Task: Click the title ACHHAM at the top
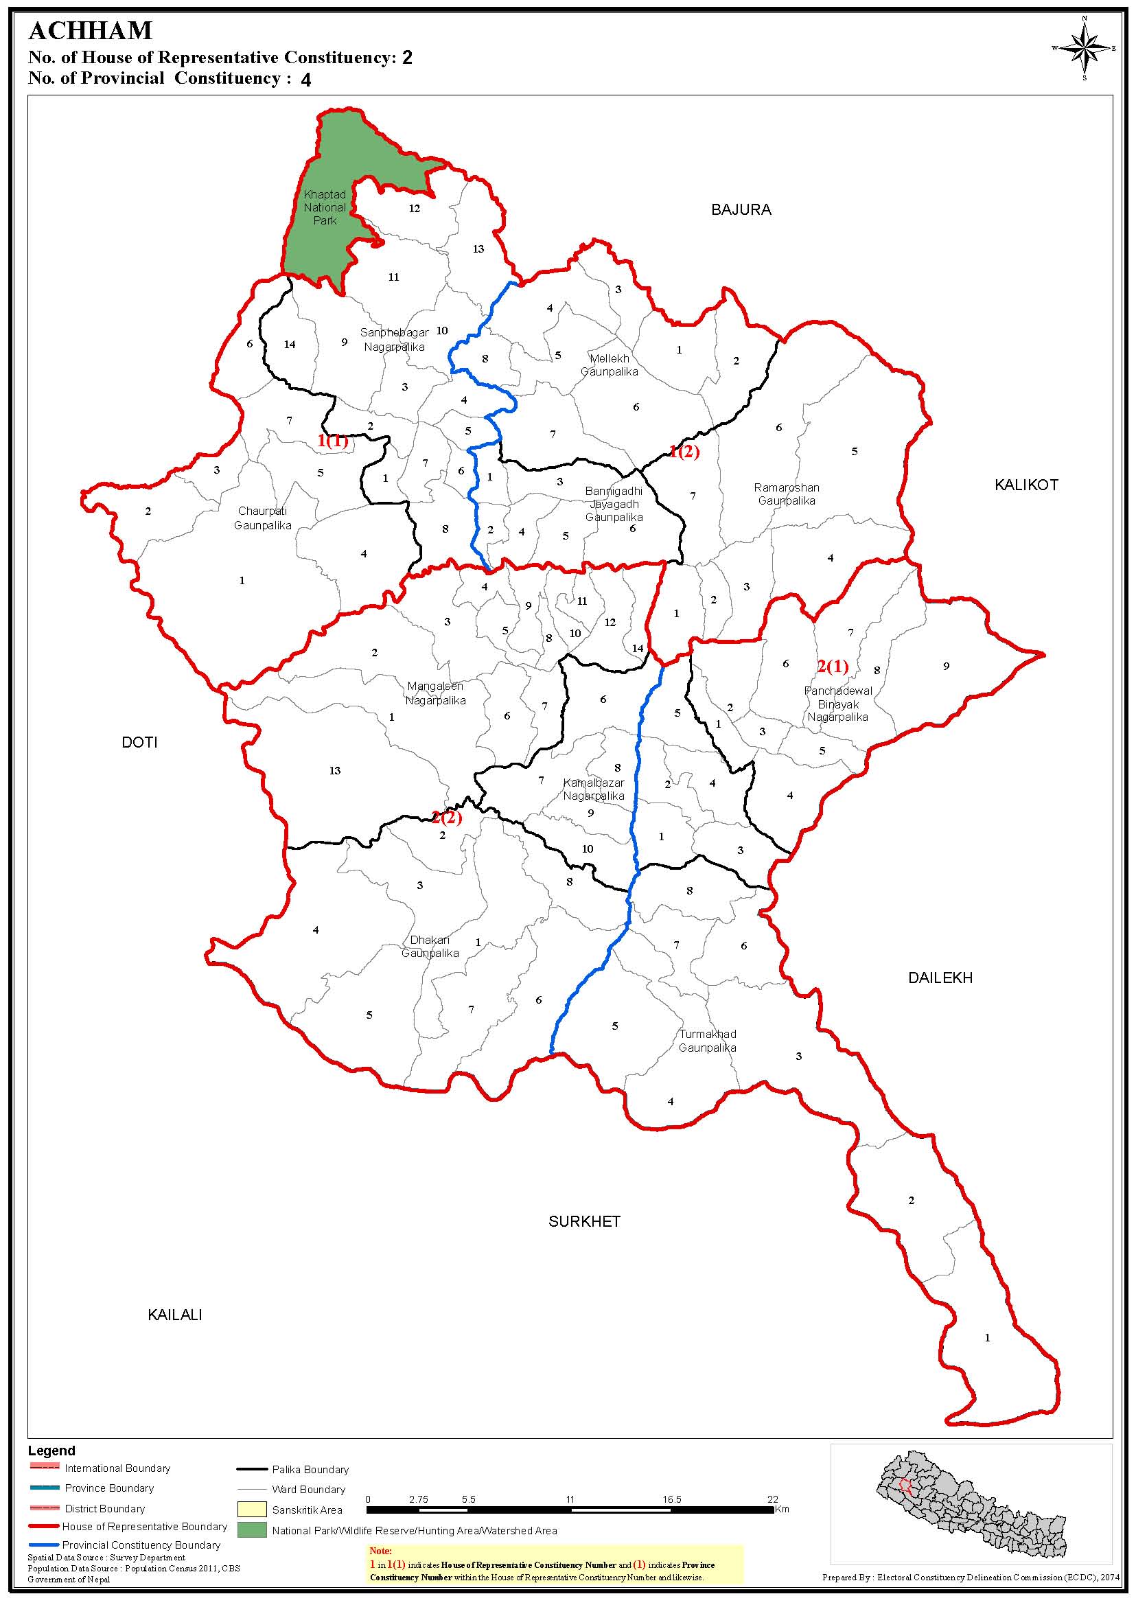click(90, 31)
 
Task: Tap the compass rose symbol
click(1085, 48)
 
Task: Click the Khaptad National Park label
click(325, 207)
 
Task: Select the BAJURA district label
click(741, 210)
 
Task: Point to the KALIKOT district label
click(1026, 485)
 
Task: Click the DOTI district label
click(140, 742)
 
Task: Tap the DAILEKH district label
click(940, 978)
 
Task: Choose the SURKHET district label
click(584, 1221)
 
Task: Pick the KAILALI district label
click(175, 1315)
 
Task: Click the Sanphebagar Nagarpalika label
click(394, 339)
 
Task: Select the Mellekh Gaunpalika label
click(610, 365)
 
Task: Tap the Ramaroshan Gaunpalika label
click(786, 494)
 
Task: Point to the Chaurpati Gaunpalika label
click(262, 518)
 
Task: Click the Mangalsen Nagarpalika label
click(435, 693)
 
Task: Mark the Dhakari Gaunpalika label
click(430, 947)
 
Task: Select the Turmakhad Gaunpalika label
click(707, 1041)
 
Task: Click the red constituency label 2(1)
click(833, 666)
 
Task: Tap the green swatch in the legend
click(252, 1530)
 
